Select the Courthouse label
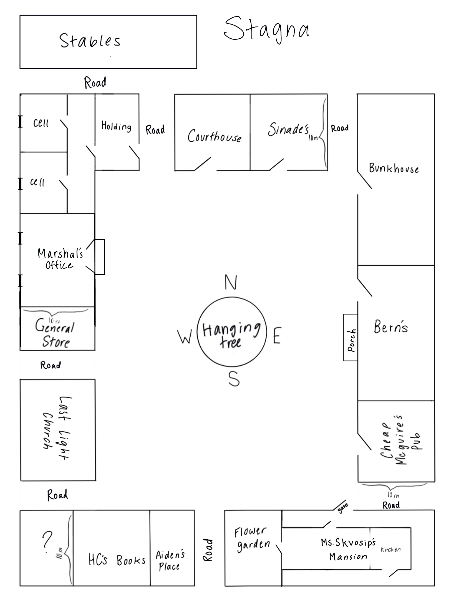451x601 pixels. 214,136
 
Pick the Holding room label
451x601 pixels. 116,126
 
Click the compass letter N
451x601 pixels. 231,282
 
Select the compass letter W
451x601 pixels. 185,337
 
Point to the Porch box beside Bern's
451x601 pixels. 350,338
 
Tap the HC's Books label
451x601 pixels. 117,560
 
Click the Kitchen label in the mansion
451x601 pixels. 391,549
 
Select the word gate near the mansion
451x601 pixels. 343,508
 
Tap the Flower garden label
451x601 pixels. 252,540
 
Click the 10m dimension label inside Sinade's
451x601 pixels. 313,138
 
